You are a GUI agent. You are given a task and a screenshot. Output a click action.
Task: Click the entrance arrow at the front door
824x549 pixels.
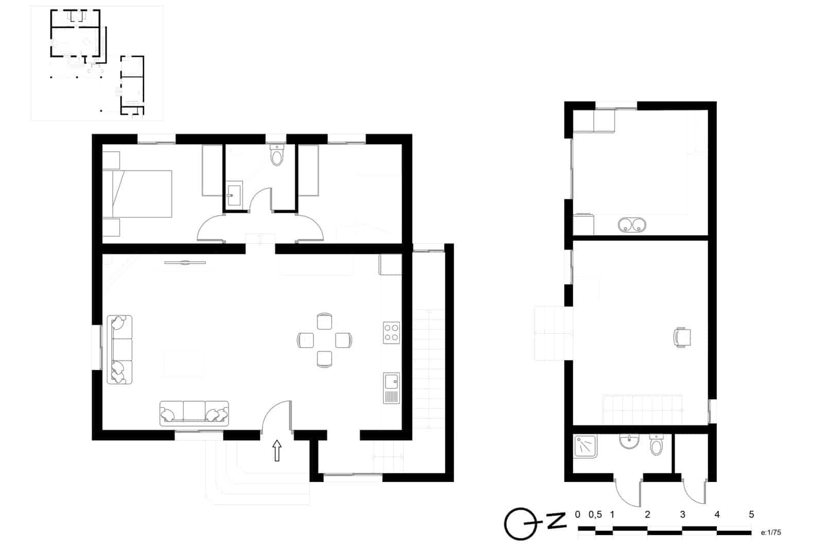pos(277,450)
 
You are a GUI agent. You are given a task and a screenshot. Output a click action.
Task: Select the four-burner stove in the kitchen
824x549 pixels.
pos(391,333)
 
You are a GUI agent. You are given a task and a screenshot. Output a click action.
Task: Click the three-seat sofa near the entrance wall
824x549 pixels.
pos(194,413)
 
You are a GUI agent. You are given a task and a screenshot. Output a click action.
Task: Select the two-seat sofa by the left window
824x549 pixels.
pos(119,350)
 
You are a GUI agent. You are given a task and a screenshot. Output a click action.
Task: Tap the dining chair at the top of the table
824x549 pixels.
pos(324,321)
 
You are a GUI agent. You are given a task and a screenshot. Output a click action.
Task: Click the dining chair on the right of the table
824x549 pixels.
pos(344,340)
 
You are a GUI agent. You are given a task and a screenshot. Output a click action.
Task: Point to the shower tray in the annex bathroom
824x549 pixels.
pos(585,447)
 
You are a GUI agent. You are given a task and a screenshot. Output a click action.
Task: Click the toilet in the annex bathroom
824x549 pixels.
pos(657,445)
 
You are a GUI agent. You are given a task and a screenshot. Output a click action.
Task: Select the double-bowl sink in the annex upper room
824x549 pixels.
pos(632,225)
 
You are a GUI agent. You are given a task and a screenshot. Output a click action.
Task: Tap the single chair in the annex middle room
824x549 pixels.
pos(682,337)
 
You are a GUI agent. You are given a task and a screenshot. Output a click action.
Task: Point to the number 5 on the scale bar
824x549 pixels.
pos(751,514)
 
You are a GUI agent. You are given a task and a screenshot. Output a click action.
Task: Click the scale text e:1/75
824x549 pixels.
pos(771,533)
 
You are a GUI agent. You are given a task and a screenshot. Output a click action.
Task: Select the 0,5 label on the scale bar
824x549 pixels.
pos(595,514)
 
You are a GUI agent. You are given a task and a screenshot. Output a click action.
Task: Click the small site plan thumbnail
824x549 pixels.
pos(97,63)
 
